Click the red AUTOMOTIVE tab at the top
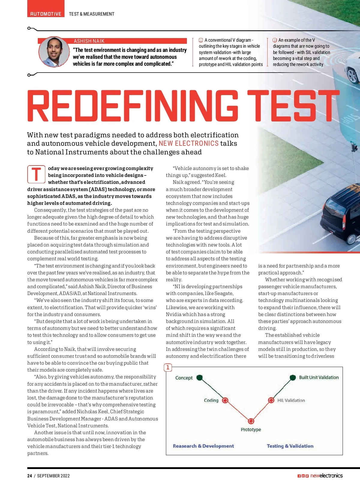click(x=46, y=13)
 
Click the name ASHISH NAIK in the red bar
click(x=89, y=41)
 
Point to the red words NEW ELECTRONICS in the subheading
click(x=188, y=143)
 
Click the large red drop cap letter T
click(x=36, y=174)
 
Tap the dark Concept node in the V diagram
click(x=199, y=378)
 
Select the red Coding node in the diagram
click(x=225, y=400)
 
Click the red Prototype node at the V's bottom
click(x=251, y=421)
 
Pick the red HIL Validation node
click(x=271, y=400)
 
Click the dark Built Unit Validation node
click(x=293, y=378)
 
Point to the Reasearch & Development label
click(x=203, y=446)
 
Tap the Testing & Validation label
click(x=290, y=446)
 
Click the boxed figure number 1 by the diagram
click(x=168, y=367)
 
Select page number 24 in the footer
click(x=29, y=476)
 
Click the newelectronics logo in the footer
click(x=326, y=476)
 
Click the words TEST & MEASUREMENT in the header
click(x=91, y=14)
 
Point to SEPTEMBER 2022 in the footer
click(x=53, y=476)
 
